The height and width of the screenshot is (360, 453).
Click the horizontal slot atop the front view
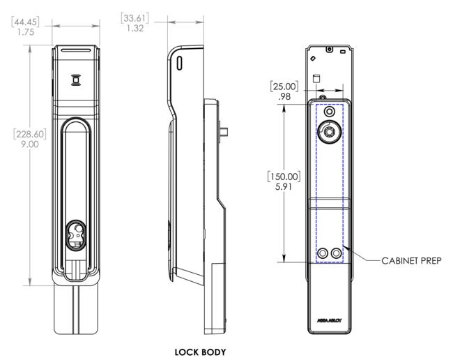(75, 52)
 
